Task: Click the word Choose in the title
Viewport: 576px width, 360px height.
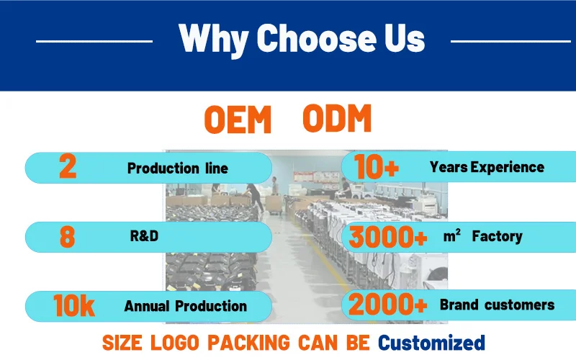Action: click(316, 38)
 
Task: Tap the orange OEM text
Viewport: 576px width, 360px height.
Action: click(238, 119)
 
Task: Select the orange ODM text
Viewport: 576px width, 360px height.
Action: click(337, 118)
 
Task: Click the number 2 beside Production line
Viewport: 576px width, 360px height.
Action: click(68, 166)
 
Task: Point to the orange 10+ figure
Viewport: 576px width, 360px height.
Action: click(377, 167)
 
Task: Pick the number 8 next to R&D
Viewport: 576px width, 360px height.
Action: click(67, 237)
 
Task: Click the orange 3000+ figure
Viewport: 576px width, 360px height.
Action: click(387, 237)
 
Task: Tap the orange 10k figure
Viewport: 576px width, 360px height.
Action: click(74, 305)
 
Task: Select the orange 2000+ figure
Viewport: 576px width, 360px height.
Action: click(387, 304)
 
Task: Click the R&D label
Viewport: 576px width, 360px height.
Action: click(144, 236)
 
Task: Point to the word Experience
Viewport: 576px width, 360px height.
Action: click(508, 168)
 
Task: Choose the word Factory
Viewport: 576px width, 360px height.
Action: click(497, 236)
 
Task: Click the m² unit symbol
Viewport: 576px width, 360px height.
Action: click(452, 235)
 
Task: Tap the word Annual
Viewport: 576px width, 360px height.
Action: click(147, 306)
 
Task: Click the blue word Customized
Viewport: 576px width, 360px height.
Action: click(431, 343)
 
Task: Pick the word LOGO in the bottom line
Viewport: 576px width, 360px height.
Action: click(175, 343)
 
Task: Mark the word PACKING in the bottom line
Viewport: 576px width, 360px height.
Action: click(248, 343)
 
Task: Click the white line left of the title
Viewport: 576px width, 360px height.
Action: click(94, 41)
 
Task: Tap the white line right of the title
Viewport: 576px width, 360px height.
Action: click(510, 41)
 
